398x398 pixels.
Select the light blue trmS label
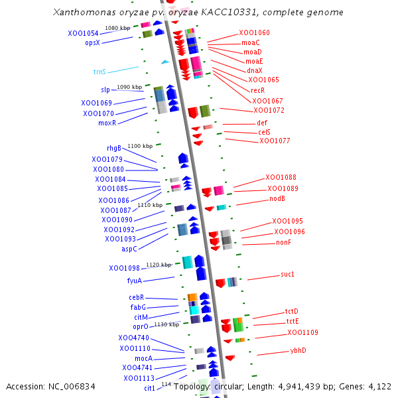pyautogui.click(x=99, y=71)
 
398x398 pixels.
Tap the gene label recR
pyautogui.click(x=257, y=90)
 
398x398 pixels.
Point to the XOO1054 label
pyautogui.click(x=83, y=33)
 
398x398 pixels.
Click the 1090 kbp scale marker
pyautogui.click(x=129, y=87)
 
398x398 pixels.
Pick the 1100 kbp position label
pyautogui.click(x=140, y=146)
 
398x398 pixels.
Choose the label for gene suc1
pyautogui.click(x=287, y=274)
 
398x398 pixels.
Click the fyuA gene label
pyautogui.click(x=135, y=281)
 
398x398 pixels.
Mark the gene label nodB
pyautogui.click(x=277, y=198)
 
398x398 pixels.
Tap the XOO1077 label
pyautogui.click(x=275, y=141)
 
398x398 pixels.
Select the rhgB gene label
pyautogui.click(x=114, y=148)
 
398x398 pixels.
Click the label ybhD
pyautogui.click(x=298, y=350)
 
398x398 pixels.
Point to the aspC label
pyautogui.click(x=129, y=249)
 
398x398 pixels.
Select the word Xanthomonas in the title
pyautogui.click(x=81, y=12)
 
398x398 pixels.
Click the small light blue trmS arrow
pyautogui.click(x=165, y=62)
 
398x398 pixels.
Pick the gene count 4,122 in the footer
pyautogui.click(x=379, y=386)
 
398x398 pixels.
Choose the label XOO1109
pyautogui.click(x=302, y=332)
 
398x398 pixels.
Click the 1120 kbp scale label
pyautogui.click(x=159, y=265)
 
